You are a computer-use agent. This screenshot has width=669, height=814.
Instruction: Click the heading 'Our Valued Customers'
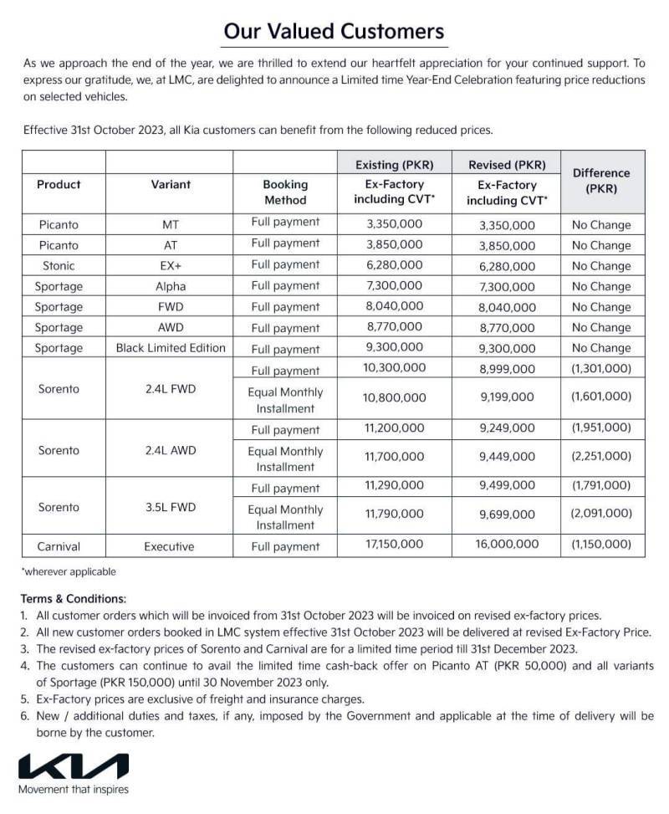coord(334,32)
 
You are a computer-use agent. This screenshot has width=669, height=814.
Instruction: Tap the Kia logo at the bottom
coord(74,766)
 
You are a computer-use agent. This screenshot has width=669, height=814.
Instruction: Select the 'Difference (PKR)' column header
coord(601,181)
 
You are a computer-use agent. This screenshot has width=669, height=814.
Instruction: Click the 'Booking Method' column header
coord(285,192)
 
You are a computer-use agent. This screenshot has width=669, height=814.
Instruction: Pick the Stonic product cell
coord(58,266)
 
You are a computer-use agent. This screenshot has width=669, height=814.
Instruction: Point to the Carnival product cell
coord(59,546)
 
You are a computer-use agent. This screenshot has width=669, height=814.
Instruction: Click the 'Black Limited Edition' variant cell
coord(171,348)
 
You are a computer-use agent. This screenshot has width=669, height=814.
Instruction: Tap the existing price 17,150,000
coord(395,545)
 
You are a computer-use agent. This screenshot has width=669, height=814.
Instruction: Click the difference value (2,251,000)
coord(601,457)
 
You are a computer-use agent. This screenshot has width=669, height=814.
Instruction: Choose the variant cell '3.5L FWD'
coord(171,507)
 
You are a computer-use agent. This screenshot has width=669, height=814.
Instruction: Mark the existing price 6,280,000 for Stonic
coord(395,265)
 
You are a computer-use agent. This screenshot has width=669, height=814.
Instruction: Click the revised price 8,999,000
coord(508,368)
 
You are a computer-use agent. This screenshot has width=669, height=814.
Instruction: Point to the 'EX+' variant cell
coord(171,266)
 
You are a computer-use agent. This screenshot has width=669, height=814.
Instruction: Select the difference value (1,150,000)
coord(601,545)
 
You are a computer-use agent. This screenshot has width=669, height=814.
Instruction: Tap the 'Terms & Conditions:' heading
coord(74,599)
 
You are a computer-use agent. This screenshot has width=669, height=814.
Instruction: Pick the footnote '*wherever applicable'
coord(69,572)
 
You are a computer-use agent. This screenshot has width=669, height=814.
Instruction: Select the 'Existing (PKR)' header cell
coord(395,164)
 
